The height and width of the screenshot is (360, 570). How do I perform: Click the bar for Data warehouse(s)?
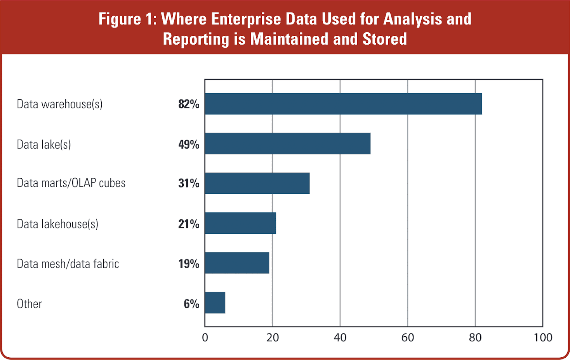[x=343, y=104]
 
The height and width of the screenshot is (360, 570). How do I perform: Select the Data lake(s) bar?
[x=287, y=144]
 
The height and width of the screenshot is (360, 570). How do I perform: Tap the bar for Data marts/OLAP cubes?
[x=257, y=183]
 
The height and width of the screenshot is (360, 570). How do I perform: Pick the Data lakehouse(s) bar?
[x=240, y=223]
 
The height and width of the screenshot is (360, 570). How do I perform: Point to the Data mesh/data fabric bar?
[x=237, y=263]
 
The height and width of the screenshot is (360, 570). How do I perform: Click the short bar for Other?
[x=215, y=303]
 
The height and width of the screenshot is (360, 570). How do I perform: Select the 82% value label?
[x=189, y=104]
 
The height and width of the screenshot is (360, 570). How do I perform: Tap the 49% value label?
[x=189, y=144]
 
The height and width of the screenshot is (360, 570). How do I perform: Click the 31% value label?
[x=189, y=183]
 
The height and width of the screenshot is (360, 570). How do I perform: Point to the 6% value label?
[x=191, y=304]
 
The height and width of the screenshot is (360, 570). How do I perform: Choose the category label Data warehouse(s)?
[x=60, y=104]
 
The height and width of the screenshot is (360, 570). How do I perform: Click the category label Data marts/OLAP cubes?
[x=71, y=183]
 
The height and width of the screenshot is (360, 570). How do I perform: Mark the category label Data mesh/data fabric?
[x=68, y=264]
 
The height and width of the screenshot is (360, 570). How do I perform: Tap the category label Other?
[x=30, y=304]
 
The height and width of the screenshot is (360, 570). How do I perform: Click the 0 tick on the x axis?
[x=205, y=337]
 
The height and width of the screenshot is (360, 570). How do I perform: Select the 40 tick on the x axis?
[x=340, y=337]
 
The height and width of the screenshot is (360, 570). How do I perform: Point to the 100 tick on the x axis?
[x=543, y=337]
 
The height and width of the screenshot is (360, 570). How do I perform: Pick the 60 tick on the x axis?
[x=408, y=337]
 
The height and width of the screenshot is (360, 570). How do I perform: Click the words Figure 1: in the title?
[x=127, y=19]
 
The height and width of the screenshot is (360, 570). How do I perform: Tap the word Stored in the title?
[x=384, y=39]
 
